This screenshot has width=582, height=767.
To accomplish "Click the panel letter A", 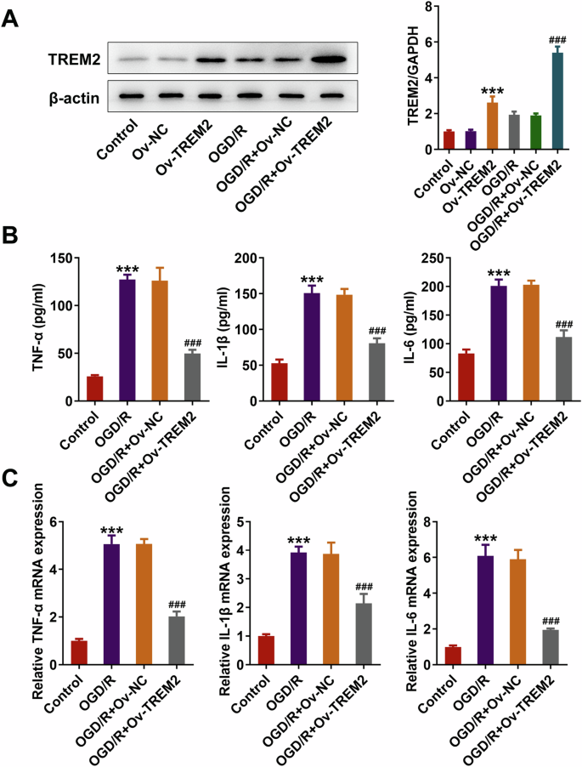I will pos(12,16).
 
